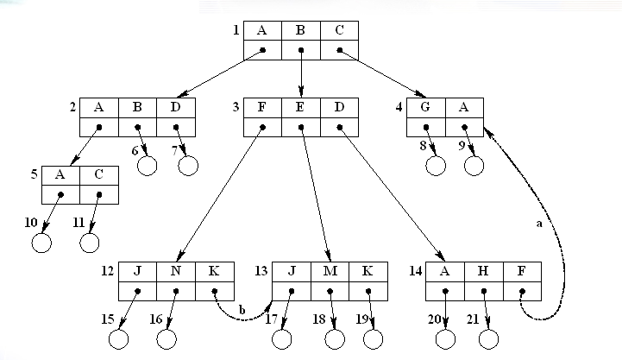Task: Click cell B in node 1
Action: point(300,31)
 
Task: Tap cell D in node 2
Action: point(177,108)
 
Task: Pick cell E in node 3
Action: point(300,108)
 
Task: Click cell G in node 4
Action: point(426,108)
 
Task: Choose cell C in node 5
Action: point(98,174)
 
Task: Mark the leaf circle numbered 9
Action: point(473,164)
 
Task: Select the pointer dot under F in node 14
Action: point(521,289)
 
